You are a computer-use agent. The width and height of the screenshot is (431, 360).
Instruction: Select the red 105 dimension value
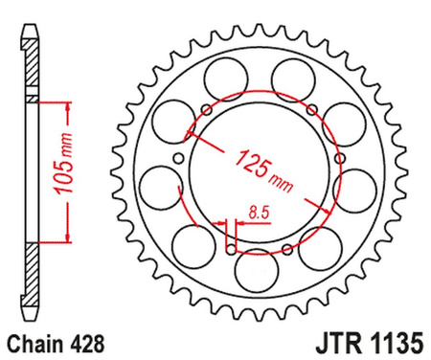click(58, 181)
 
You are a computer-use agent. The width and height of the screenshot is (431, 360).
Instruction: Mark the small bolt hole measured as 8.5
click(230, 251)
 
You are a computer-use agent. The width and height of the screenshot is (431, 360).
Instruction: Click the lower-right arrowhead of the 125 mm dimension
click(310, 203)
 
